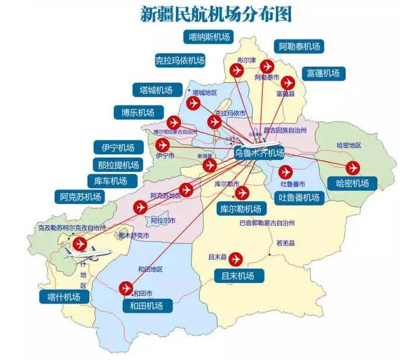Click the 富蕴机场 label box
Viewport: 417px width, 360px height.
[x=323, y=73]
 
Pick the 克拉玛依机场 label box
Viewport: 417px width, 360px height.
[x=180, y=60]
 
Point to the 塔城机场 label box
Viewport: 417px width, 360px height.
[x=156, y=90]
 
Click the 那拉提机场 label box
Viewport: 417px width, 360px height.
[x=119, y=165]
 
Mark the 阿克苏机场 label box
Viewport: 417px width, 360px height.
[x=81, y=197]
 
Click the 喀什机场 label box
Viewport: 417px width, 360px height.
[x=65, y=297]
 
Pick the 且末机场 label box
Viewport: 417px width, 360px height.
[x=238, y=275]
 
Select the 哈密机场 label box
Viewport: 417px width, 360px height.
[x=353, y=184]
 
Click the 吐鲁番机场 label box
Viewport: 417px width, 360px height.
[x=299, y=198]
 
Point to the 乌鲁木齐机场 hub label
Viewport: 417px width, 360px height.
[x=259, y=153]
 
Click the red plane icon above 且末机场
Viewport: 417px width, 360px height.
[x=236, y=258]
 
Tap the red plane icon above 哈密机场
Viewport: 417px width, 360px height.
[x=352, y=168]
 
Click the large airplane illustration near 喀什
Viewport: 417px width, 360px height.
[x=88, y=252]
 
